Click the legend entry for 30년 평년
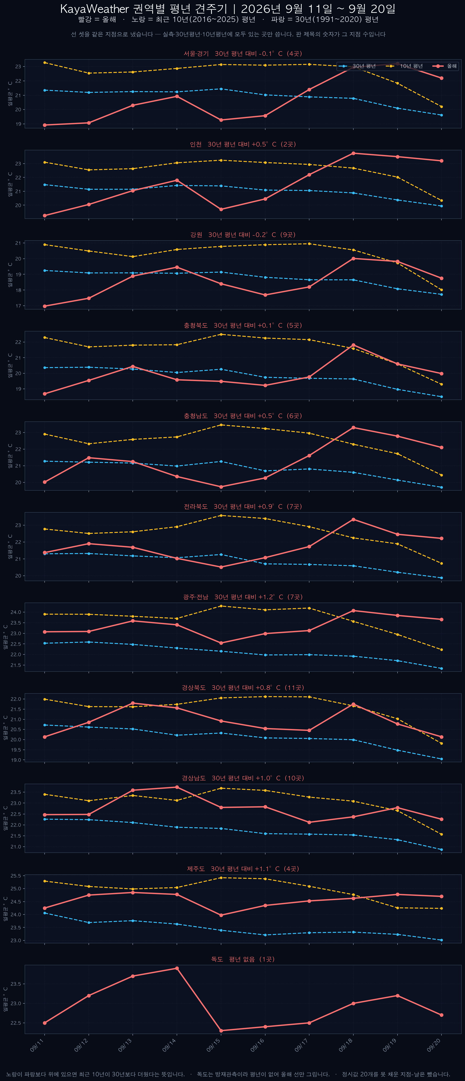coord(357,66)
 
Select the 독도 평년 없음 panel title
coord(243,959)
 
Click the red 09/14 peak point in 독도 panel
coord(177,968)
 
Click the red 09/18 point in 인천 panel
coord(353,153)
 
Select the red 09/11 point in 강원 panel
coord(45,306)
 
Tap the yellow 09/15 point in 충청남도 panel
coord(221,425)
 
